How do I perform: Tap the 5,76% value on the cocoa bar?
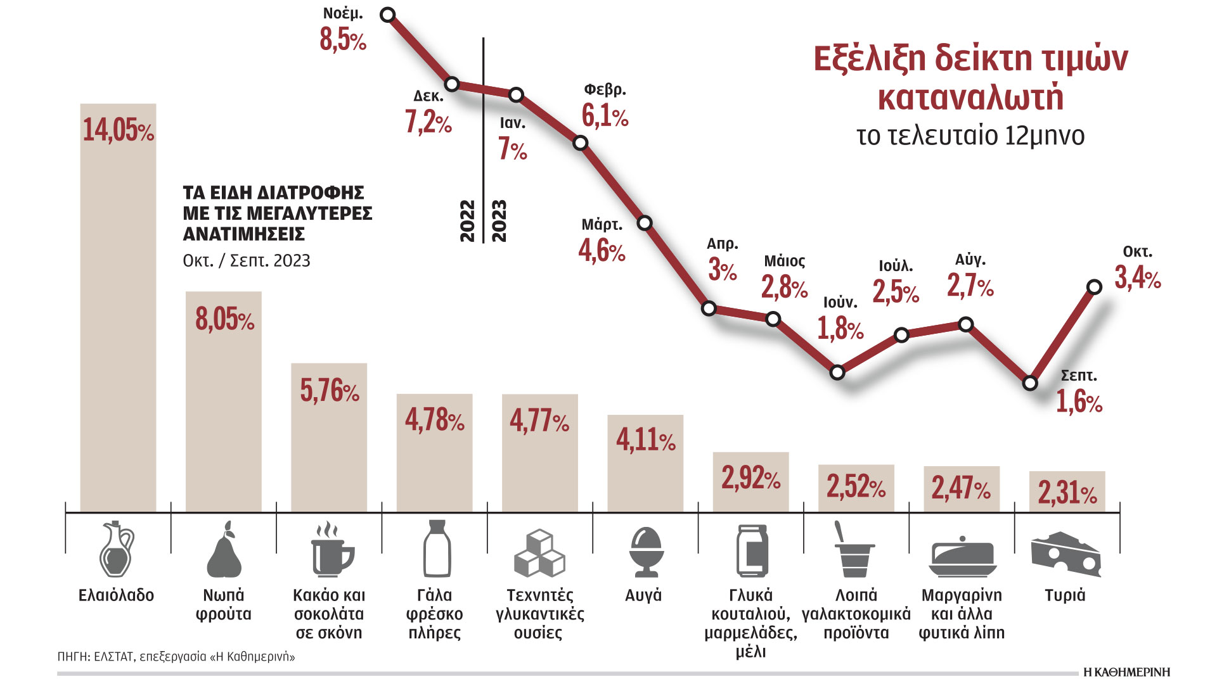[330, 391]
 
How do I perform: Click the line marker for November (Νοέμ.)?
[388, 15]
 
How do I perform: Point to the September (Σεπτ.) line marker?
[1030, 383]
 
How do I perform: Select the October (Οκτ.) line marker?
[1094, 287]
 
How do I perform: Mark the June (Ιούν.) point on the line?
[837, 372]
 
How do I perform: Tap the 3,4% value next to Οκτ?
[1137, 278]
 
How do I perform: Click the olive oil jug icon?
[117, 549]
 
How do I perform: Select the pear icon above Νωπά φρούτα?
[224, 549]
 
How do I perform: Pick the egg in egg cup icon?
[646, 551]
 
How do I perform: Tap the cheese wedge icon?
[1066, 554]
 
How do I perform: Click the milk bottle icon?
[436, 548]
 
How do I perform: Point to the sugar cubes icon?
[539, 553]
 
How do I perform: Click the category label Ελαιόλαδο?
[117, 595]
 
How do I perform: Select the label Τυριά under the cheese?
[1065, 595]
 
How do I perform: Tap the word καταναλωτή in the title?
[970, 98]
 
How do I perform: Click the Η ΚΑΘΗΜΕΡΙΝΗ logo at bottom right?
[1126, 672]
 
